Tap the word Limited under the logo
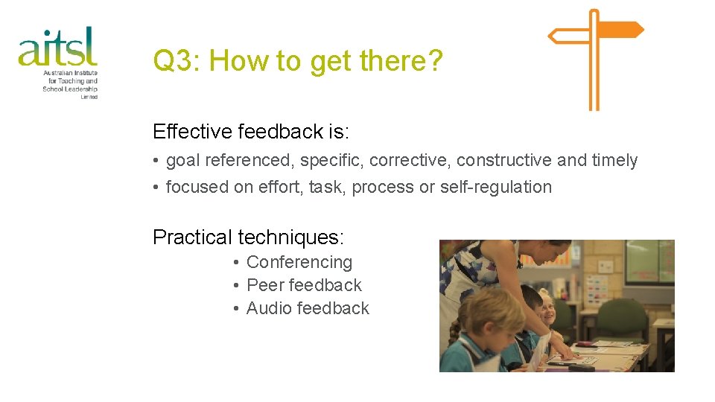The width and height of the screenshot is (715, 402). pos(89,97)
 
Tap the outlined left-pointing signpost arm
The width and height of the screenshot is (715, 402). pos(569,35)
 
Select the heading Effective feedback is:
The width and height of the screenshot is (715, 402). pos(251,132)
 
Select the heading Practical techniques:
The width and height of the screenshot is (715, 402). pos(248,237)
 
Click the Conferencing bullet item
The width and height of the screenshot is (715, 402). pos(299,262)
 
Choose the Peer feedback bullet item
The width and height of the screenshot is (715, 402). pos(304,285)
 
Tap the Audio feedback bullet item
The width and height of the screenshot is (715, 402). pos(308,308)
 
